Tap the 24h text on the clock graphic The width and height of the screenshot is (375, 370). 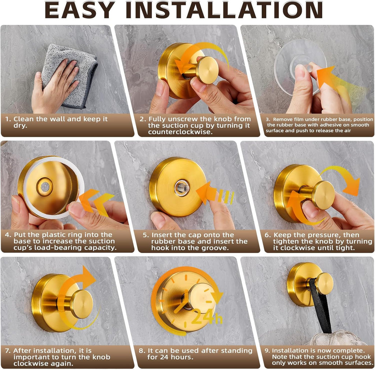(207, 317)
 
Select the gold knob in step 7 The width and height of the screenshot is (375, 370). (82, 304)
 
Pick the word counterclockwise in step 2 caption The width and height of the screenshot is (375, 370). (180, 132)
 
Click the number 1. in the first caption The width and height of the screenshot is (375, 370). (8, 119)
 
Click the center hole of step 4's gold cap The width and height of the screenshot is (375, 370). (45, 186)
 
